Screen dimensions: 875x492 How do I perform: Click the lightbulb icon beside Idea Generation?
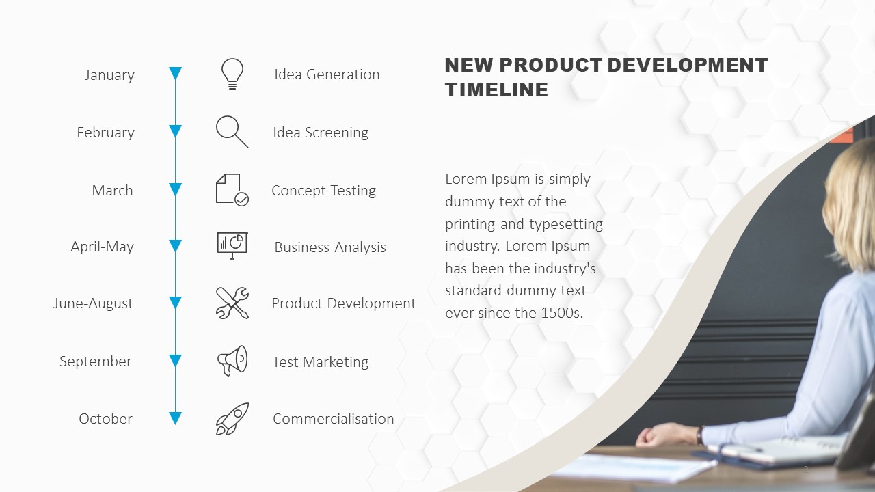click(232, 74)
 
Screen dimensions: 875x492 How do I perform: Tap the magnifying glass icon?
click(232, 132)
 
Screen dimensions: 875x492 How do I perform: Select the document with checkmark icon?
click(232, 190)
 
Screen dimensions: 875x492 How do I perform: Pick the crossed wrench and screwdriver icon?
click(232, 303)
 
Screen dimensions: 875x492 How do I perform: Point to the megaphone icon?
click(232, 360)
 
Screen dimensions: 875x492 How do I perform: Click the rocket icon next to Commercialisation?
click(232, 419)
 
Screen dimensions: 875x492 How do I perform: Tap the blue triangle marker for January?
click(176, 72)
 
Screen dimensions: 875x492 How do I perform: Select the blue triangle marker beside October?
click(176, 418)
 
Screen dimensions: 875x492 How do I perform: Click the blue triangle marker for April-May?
click(176, 245)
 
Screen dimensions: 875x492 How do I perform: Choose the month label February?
click(105, 133)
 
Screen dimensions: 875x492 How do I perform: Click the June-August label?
click(93, 303)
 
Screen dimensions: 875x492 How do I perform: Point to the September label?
click(95, 361)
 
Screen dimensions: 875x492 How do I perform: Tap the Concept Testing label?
click(323, 191)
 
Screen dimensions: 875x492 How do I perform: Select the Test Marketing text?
click(321, 362)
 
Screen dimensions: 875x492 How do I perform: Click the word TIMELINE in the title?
click(496, 90)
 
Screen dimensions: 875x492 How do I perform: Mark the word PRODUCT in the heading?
click(551, 65)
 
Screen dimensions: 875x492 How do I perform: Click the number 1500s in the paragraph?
click(562, 313)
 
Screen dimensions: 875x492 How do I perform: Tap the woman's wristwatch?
click(700, 435)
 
